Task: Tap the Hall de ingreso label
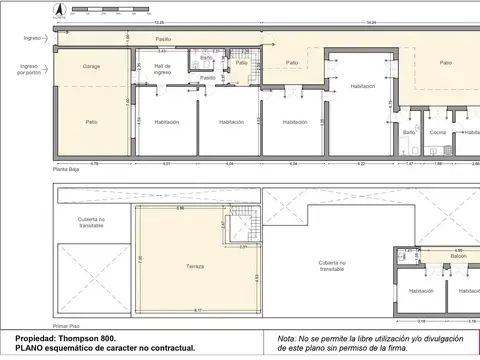pos(161,71)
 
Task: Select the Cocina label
pos(438,132)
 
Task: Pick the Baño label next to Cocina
pos(409,132)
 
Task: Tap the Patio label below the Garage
pos(91,122)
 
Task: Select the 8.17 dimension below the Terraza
pos(197,310)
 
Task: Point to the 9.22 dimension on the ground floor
pos(362,163)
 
